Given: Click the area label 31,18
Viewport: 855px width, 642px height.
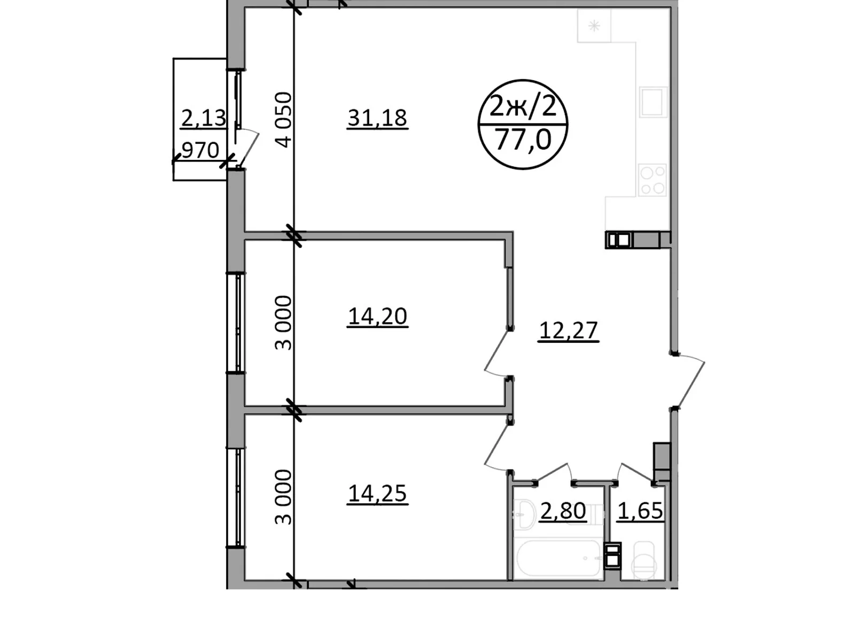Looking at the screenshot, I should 377,118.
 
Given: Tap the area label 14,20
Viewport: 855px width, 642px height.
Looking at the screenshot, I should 377,316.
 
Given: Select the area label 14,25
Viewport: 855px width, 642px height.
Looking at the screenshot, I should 377,493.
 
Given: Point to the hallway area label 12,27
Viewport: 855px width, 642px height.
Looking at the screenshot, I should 568,330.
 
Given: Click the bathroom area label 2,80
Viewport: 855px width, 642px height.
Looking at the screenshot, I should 563,511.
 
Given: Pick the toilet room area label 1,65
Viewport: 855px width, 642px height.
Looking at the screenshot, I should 640,511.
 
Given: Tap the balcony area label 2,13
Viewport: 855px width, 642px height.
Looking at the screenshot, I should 204,118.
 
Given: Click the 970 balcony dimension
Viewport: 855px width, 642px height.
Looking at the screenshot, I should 200,151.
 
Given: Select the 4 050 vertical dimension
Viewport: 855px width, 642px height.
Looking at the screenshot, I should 285,119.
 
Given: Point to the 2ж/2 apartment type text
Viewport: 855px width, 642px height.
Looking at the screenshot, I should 523,108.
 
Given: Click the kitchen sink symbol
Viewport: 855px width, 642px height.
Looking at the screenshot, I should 653,102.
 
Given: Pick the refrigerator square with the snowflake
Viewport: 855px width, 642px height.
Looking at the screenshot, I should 594,26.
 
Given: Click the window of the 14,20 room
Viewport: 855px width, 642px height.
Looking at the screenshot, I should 236,322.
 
